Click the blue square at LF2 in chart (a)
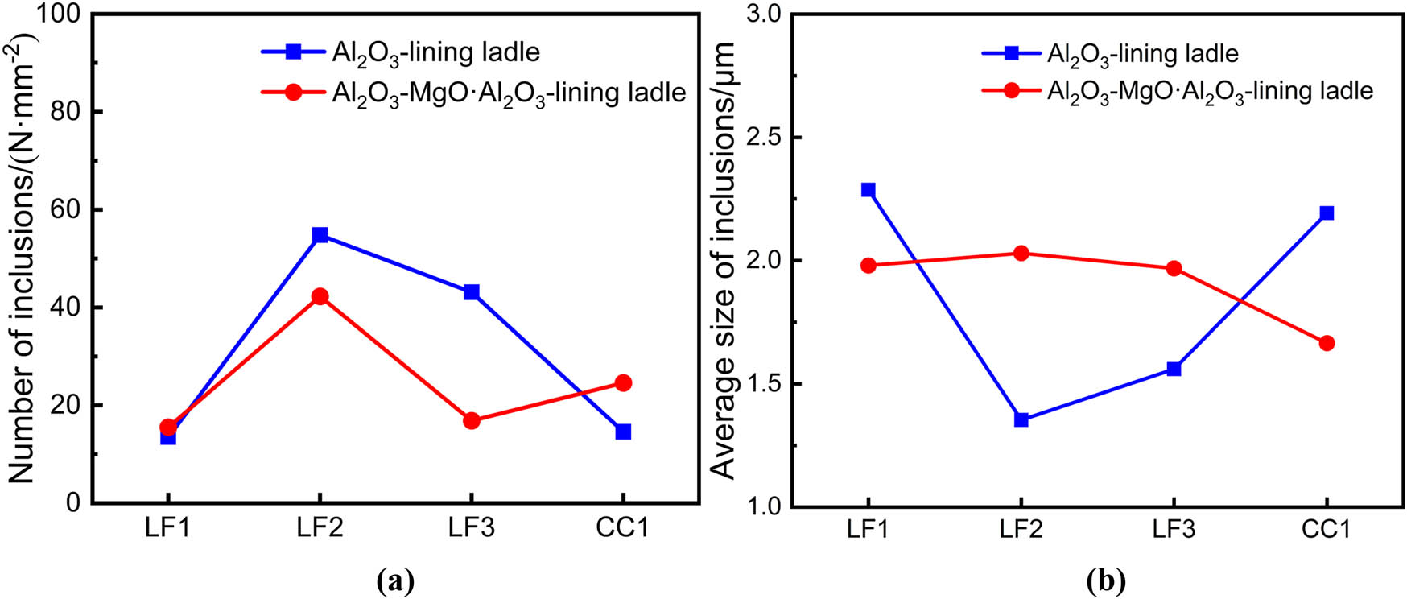tap(320, 235)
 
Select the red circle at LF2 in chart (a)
tap(320, 296)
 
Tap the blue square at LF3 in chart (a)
tap(472, 292)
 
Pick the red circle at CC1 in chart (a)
tap(623, 382)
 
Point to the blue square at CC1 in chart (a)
tap(623, 432)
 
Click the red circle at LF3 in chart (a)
tap(472, 420)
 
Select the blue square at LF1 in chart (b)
tap(868, 190)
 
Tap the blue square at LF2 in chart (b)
tap(1021, 419)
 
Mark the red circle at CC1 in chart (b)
tap(1327, 343)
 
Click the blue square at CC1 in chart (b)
tap(1327, 213)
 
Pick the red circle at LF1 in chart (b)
tap(868, 266)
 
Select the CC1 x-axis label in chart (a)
tap(622, 528)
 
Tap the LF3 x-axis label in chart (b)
tap(1173, 529)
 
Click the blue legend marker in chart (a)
tap(293, 52)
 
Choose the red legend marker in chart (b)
tap(1011, 90)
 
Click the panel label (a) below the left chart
tap(395, 580)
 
